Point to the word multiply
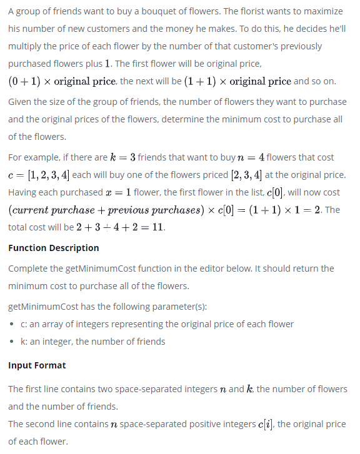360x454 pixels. (27, 46)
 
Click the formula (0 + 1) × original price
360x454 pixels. (62, 82)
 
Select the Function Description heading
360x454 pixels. (54, 248)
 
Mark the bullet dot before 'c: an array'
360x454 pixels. (14, 324)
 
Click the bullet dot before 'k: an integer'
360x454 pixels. (14, 342)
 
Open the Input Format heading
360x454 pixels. (37, 365)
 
